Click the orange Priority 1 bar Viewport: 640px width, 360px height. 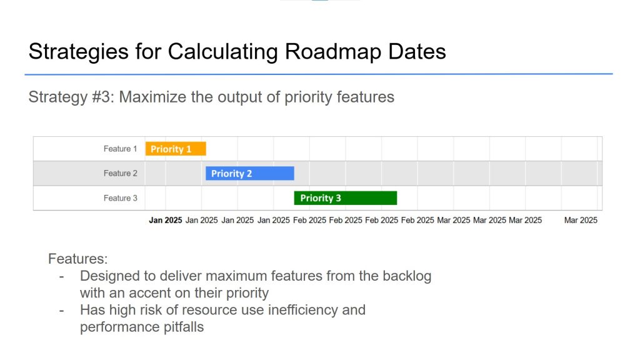176,149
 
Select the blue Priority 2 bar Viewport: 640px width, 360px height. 250,174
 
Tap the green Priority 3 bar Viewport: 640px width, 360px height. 345,198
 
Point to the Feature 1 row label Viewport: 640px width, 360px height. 120,149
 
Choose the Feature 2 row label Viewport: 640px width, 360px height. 120,174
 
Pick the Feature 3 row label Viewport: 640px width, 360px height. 120,198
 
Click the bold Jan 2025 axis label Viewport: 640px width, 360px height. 165,221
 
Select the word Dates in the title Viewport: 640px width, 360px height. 417,52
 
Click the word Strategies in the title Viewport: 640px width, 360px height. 79,52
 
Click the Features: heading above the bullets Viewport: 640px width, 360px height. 78,259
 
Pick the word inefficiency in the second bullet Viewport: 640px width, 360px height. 303,310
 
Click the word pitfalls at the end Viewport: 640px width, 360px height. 184,327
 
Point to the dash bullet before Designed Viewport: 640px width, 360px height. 62,277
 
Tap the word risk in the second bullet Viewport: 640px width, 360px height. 151,310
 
